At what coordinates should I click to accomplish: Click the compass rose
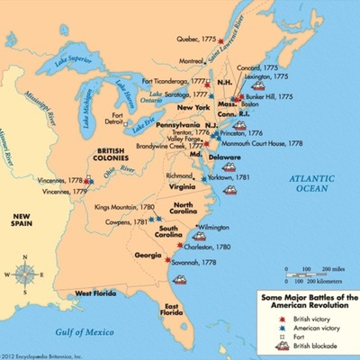(x=27, y=271)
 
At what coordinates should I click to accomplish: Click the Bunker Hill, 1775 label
(x=272, y=95)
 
